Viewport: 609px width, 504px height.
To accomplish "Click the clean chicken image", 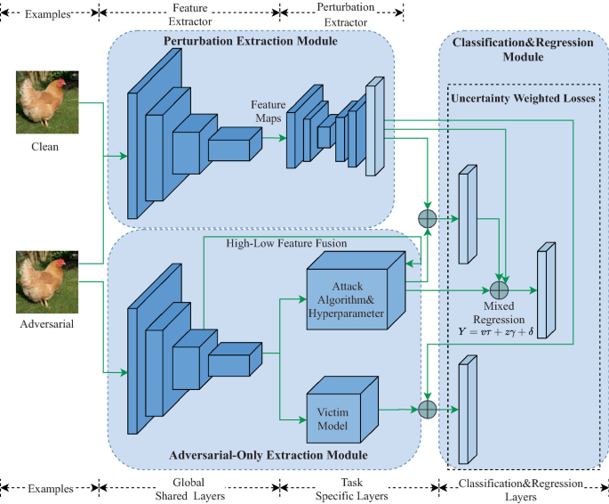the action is [47, 102].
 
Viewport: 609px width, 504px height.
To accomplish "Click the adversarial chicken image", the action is [47, 282].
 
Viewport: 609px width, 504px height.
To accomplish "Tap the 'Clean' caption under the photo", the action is [45, 147].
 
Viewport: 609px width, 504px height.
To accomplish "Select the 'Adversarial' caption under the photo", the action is [46, 324].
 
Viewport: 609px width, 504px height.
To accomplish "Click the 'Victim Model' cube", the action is [342, 410].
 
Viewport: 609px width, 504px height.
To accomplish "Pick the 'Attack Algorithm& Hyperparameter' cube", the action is [356, 290].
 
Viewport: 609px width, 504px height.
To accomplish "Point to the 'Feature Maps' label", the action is [268, 111].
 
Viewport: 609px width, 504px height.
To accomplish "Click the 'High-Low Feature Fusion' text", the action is [286, 243].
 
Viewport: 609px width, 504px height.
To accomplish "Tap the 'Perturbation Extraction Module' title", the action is [251, 41].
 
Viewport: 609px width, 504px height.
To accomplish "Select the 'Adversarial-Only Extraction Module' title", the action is [268, 455].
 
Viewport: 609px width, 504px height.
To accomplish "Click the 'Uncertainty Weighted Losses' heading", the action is [523, 98].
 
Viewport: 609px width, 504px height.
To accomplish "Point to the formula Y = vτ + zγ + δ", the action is [495, 332].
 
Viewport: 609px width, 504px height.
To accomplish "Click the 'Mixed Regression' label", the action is [499, 313].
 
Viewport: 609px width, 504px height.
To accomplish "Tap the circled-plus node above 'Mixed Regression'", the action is [499, 290].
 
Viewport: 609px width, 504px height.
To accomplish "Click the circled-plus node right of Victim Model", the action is [428, 409].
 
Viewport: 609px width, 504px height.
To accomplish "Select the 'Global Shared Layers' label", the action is [189, 489].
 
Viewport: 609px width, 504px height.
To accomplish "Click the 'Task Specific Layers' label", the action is [351, 489].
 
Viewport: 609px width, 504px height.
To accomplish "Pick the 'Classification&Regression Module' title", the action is [523, 49].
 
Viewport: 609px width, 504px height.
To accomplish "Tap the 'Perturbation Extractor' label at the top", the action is [346, 15].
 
